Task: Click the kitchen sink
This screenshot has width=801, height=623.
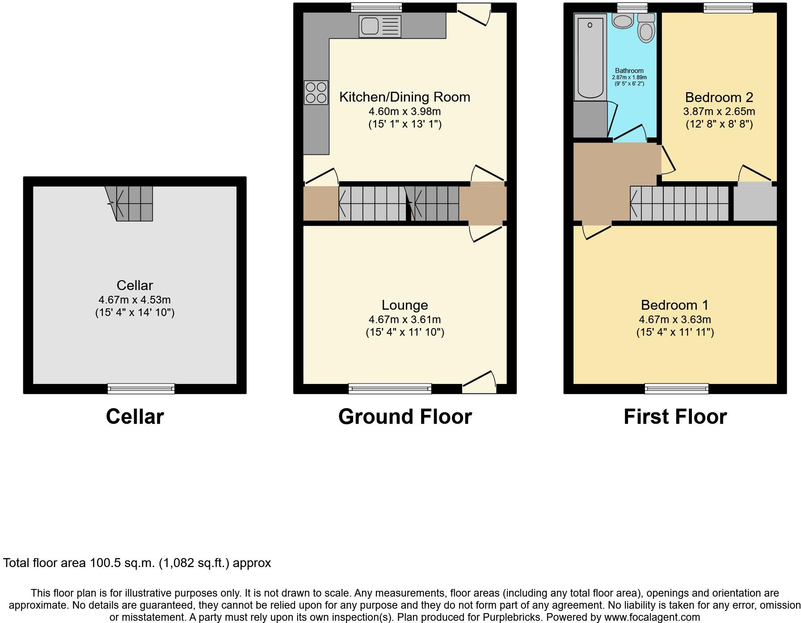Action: (379, 26)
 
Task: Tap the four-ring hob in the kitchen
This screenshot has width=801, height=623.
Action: (316, 93)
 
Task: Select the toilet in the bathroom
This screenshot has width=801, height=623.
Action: (646, 28)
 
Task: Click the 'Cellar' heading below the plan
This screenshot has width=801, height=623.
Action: (135, 417)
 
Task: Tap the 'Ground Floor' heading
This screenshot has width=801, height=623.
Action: (405, 417)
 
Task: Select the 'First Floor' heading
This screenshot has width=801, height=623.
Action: (675, 417)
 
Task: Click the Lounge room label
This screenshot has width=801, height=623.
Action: (405, 305)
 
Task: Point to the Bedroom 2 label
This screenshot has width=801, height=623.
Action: (719, 97)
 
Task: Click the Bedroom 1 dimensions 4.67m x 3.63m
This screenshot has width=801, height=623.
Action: (675, 320)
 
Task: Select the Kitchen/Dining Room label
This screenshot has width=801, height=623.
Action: (405, 97)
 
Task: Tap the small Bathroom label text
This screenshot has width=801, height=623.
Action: (629, 71)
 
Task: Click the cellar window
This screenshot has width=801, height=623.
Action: (141, 388)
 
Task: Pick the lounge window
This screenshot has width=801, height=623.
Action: (390, 388)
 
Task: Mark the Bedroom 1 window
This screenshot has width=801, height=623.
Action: (676, 388)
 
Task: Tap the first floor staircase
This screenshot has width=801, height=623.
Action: (679, 204)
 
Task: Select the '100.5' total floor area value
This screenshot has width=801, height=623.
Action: (105, 563)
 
